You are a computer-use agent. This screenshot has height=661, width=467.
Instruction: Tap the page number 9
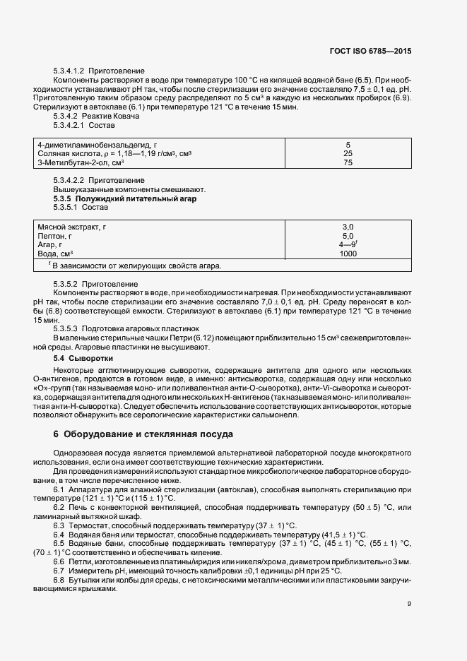pyautogui.click(x=409, y=603)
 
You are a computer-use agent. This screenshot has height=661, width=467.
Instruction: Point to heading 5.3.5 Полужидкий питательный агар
pyautogui.click(x=124, y=199)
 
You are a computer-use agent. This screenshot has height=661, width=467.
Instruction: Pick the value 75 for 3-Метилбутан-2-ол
pyautogui.click(x=348, y=162)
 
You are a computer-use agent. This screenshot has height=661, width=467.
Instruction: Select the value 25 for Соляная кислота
pyautogui.click(x=348, y=153)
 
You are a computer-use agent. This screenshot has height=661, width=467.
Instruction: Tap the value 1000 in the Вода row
pyautogui.click(x=348, y=254)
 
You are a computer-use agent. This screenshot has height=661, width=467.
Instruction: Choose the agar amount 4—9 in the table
pyautogui.click(x=347, y=244)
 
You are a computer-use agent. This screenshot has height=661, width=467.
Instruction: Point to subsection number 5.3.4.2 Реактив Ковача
pyautogui.click(x=66, y=115)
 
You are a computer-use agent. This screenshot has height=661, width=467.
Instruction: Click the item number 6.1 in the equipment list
pyautogui.click(x=59, y=489)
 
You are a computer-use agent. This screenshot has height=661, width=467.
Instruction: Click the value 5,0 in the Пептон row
pyautogui.click(x=348, y=236)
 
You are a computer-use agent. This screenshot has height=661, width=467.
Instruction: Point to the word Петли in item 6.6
pyautogui.click(x=81, y=561)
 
